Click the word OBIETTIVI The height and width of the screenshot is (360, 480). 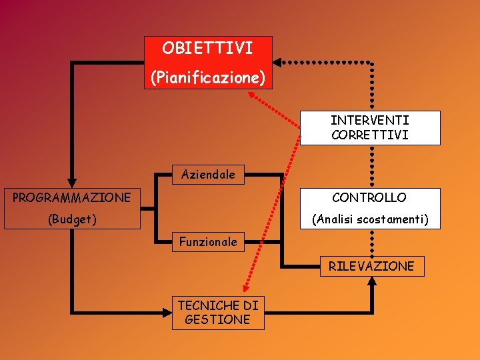click(207, 48)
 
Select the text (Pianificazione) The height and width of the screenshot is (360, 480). click(207, 78)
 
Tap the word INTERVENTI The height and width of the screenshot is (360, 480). click(369, 120)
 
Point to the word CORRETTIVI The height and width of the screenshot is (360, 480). click(369, 135)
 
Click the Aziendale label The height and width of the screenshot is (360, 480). click(208, 175)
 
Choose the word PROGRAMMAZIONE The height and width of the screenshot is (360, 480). click(71, 197)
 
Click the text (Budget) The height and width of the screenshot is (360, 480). click(71, 219)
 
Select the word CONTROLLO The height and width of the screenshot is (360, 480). click(369, 197)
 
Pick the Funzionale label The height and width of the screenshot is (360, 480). click(208, 242)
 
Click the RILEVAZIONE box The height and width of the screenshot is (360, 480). click(371, 266)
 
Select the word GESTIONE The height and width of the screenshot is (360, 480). click(217, 319)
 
